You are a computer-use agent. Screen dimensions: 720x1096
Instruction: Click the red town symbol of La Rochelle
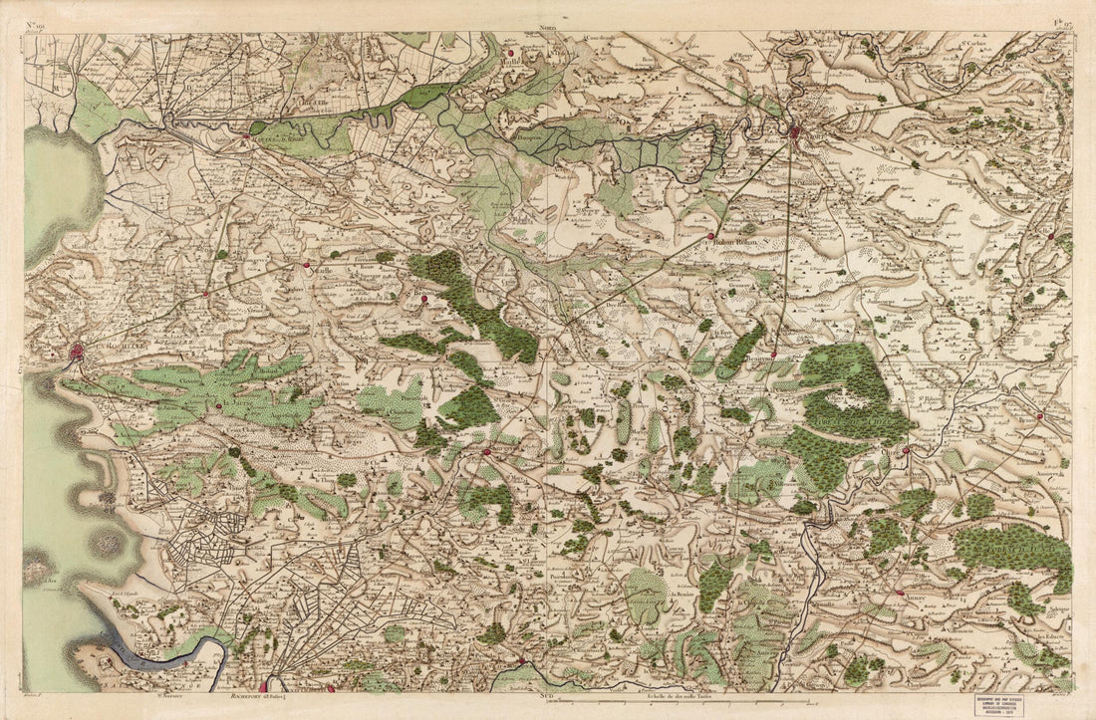click(79, 351)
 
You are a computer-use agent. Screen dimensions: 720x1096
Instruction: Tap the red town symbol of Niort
click(794, 130)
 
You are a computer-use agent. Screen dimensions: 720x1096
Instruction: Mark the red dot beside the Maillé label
click(509, 53)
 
